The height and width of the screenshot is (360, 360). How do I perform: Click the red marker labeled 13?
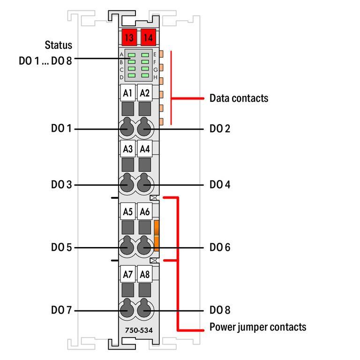[x=127, y=37]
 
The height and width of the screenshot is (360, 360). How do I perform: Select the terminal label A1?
[x=127, y=93]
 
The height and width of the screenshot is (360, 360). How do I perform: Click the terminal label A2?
[x=145, y=93]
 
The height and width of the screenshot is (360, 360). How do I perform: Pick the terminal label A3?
[x=127, y=149]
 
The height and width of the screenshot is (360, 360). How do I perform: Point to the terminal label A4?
[x=145, y=149]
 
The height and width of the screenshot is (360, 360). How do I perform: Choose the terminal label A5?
[x=127, y=211]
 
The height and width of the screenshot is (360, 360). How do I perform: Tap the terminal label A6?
[x=145, y=211]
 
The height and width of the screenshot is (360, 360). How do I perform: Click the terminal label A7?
[x=127, y=274]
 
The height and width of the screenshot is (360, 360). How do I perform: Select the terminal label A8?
[x=145, y=274]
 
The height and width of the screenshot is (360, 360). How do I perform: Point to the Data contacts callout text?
[x=239, y=98]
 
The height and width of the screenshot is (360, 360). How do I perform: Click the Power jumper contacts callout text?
[x=257, y=327]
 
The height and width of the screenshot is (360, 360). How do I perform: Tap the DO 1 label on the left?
[x=61, y=128]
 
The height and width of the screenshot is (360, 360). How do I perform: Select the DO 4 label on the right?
[x=220, y=185]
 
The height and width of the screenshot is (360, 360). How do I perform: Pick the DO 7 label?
[x=61, y=310]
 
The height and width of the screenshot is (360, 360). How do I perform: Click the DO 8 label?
[x=220, y=310]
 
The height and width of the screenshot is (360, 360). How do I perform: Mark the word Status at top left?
[x=59, y=45]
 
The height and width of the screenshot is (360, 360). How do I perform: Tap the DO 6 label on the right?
[x=220, y=247]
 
